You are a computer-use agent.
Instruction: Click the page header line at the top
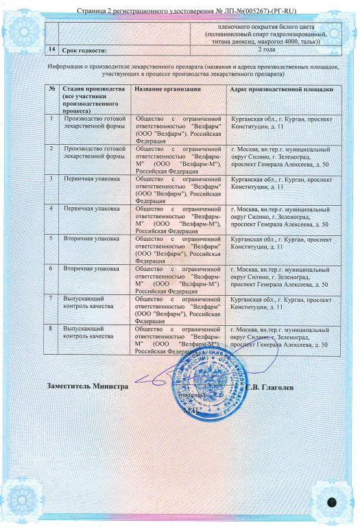180,11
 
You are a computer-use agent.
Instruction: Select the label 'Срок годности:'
84,51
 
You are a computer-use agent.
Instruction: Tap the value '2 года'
269,49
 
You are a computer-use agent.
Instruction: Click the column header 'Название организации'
167,90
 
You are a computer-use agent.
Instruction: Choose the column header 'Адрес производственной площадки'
282,90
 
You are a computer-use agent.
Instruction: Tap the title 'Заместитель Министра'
87,386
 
